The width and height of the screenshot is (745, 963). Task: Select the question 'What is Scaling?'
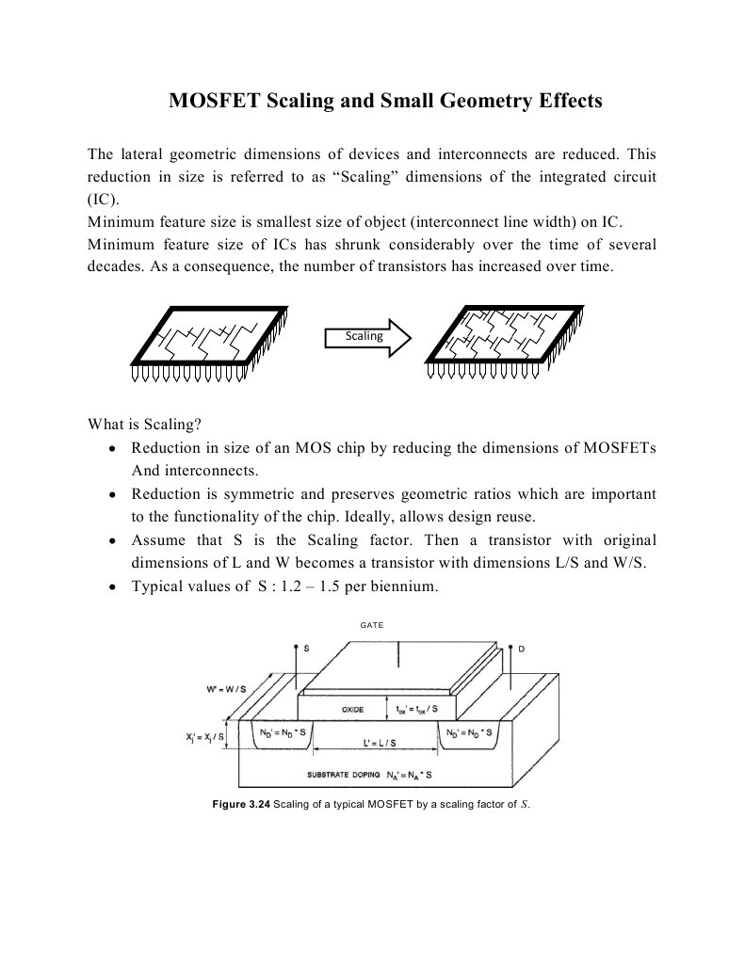(x=144, y=423)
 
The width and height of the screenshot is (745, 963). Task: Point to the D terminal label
(x=521, y=649)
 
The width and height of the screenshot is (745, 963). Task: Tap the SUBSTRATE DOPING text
(x=344, y=776)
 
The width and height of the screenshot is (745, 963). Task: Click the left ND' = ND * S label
(x=283, y=730)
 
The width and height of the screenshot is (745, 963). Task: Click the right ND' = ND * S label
(x=471, y=730)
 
